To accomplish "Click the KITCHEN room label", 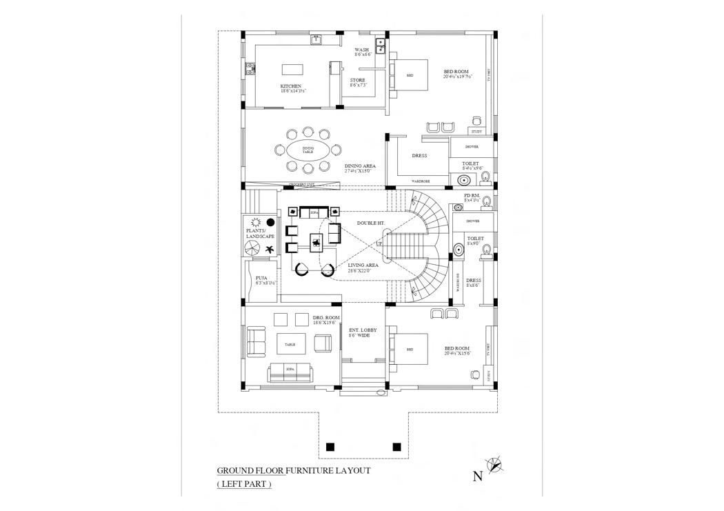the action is click(291, 86).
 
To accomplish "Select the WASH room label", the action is click(361, 50).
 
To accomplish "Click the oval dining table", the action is click(308, 150).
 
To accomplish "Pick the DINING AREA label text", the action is click(360, 166).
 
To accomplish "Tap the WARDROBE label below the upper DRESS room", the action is click(421, 181).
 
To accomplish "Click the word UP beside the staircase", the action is click(379, 244).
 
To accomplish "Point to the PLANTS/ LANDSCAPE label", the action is click(260, 233).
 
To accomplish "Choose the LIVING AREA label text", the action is click(363, 265).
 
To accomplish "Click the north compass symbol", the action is click(495, 465).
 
